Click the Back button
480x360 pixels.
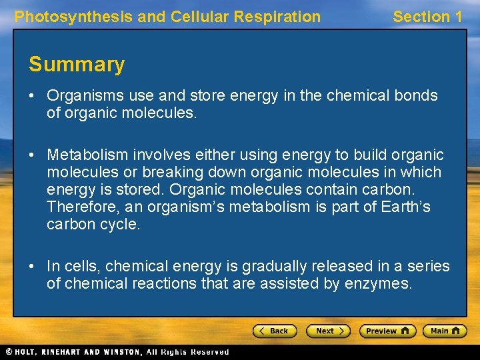click(x=273, y=331)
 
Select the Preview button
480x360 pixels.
click(x=387, y=331)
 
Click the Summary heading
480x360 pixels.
click(x=77, y=65)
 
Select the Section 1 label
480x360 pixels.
click(x=427, y=17)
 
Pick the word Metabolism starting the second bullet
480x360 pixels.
click(x=86, y=155)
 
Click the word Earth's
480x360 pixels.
click(x=406, y=207)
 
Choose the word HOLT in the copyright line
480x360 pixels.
click(x=29, y=352)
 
